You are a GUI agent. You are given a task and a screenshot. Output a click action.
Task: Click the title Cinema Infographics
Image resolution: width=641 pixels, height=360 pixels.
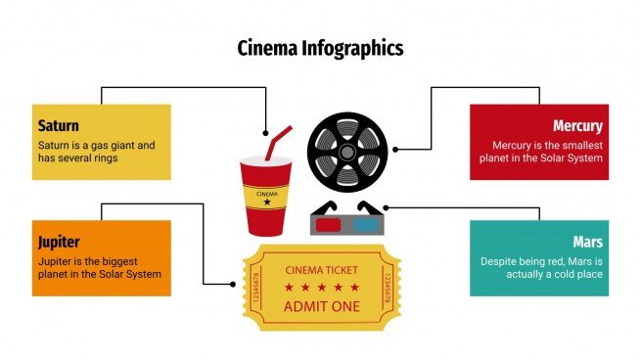tap(320, 48)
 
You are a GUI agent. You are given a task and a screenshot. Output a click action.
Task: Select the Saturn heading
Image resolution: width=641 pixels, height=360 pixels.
tap(58, 126)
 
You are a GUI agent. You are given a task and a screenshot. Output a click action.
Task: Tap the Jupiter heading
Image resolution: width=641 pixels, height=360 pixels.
tap(59, 242)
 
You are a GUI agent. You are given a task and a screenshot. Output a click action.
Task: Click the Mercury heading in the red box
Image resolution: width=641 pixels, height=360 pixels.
tap(577, 126)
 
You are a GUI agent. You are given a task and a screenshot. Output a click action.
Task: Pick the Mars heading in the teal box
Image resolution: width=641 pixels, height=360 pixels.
tap(587, 242)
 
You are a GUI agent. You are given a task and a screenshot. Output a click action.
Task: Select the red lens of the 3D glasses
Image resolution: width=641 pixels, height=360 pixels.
tap(330, 223)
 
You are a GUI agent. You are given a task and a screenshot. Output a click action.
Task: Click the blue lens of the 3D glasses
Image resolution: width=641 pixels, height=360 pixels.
tap(365, 223)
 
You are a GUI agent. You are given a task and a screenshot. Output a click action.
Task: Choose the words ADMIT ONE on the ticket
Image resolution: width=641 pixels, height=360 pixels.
tap(321, 306)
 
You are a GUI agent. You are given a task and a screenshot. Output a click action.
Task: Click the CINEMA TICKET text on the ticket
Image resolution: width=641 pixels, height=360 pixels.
tap(321, 270)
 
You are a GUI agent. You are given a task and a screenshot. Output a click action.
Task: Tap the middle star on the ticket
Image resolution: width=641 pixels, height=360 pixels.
tap(321, 288)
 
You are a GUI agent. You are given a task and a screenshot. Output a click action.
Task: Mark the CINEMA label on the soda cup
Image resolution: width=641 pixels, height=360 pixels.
tap(266, 194)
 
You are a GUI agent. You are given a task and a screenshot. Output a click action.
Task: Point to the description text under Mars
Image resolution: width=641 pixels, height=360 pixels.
tap(541, 268)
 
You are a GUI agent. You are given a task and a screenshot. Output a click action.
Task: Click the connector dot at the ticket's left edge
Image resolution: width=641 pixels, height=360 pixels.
tap(233, 285)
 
